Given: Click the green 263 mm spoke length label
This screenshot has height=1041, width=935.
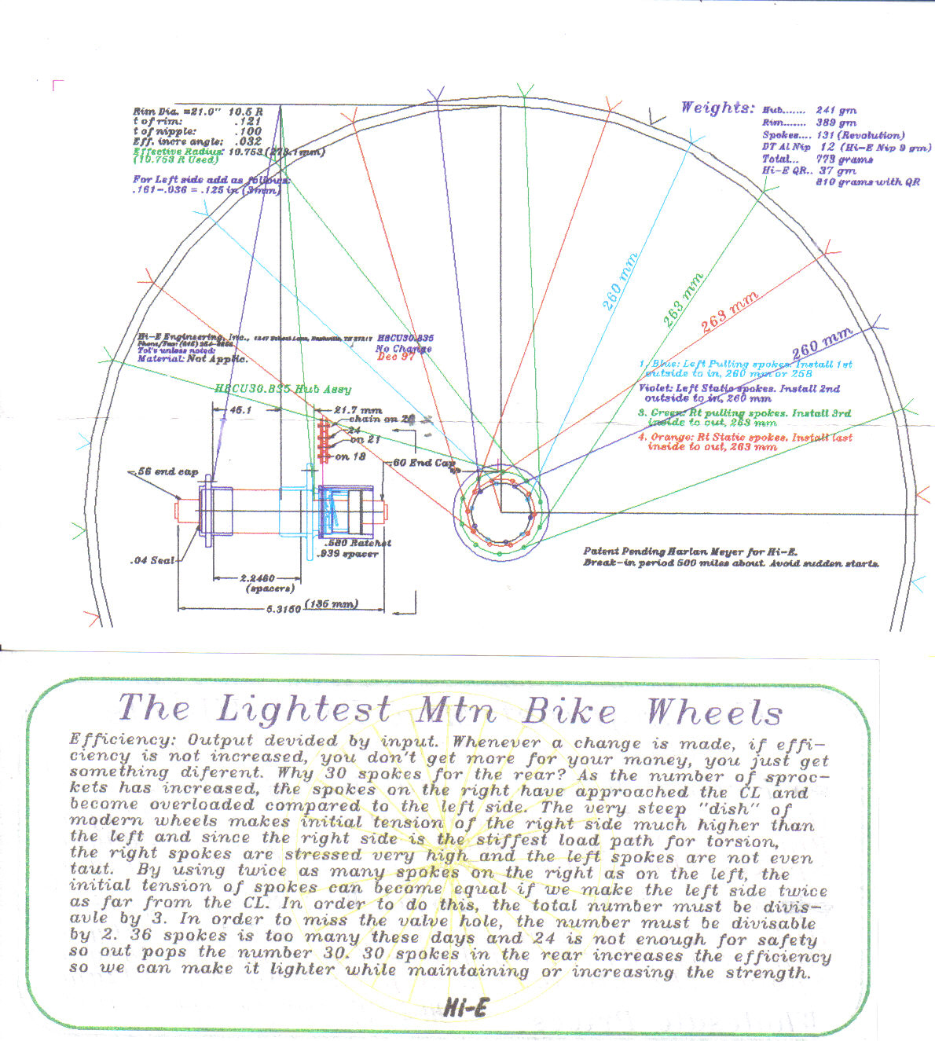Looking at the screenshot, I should tap(682, 300).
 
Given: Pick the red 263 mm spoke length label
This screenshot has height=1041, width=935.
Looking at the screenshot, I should tap(729, 313).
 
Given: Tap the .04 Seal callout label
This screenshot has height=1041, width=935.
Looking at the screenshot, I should tap(152, 561).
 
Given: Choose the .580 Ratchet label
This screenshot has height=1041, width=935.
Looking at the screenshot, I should tap(357, 543).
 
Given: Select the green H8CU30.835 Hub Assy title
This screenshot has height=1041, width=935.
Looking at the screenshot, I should tap(283, 389).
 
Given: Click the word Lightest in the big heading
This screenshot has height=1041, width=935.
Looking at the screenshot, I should tap(303, 709).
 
